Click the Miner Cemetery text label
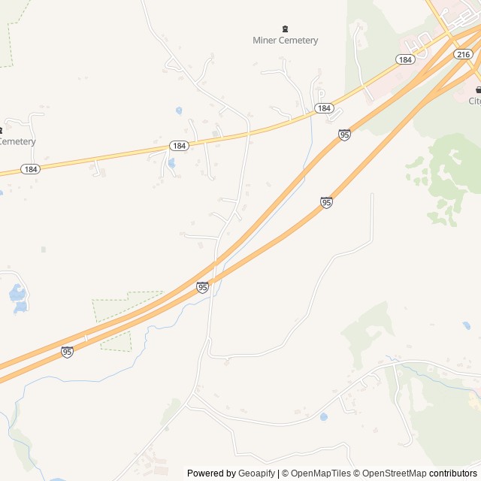pyautogui.click(x=285, y=41)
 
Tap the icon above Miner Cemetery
pyautogui.click(x=285, y=29)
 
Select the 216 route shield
pyautogui.click(x=464, y=54)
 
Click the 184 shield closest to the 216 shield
pyautogui.click(x=405, y=59)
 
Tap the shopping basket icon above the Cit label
pyautogui.click(x=478, y=89)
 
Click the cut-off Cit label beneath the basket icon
pyautogui.click(x=475, y=101)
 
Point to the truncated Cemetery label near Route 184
pyautogui.click(x=17, y=141)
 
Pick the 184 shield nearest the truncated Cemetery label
pyautogui.click(x=29, y=168)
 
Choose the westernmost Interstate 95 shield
pyautogui.click(x=67, y=352)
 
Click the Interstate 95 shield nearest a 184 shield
pyautogui.click(x=344, y=135)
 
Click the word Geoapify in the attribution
pyautogui.click(x=256, y=473)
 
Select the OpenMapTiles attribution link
pyautogui.click(x=320, y=473)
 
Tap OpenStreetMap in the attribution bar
pyautogui.click(x=395, y=473)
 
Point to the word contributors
pyautogui.click(x=453, y=473)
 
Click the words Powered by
pyautogui.click(x=211, y=473)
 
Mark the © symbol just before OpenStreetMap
pyautogui.click(x=358, y=473)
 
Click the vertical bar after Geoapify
pyautogui.click(x=279, y=473)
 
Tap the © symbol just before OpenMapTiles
pyautogui.click(x=286, y=473)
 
